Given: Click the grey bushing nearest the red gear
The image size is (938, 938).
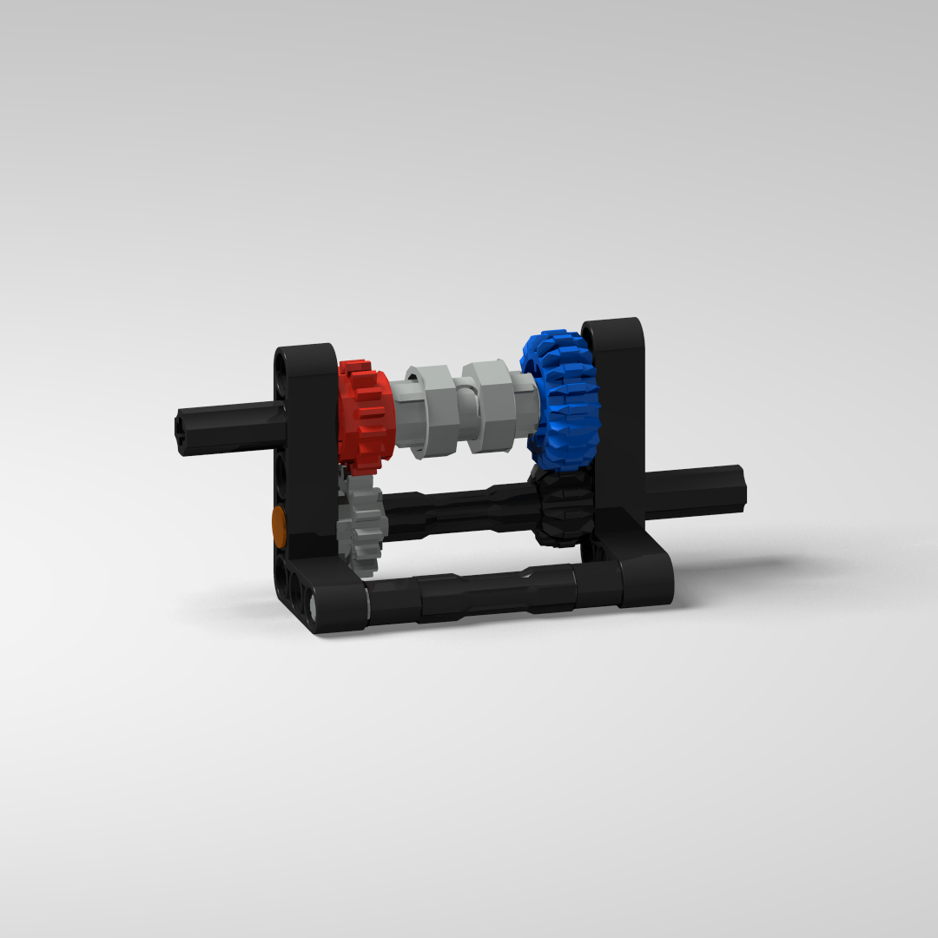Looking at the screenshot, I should coord(426,410).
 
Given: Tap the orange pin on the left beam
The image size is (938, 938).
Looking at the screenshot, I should coord(279,524).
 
